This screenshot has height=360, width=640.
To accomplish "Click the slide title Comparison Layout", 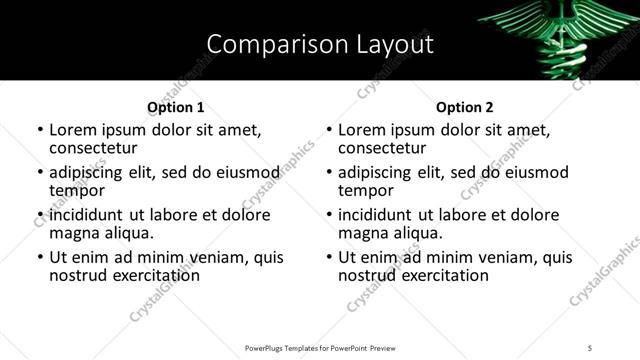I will (320, 44).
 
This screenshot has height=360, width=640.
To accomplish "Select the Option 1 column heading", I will (175, 107).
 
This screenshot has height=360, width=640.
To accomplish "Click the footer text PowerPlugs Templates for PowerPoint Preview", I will (320, 347).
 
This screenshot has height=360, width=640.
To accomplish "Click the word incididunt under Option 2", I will (384, 215).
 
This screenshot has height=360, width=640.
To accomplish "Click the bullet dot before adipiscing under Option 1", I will (41, 173).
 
